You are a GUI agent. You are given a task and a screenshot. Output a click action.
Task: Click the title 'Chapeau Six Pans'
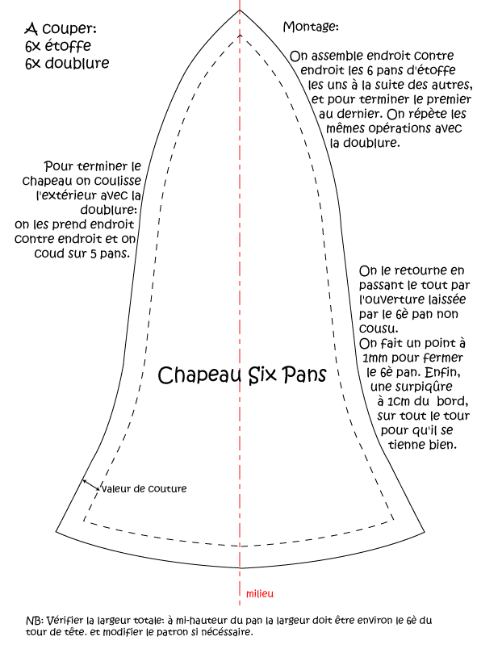241,375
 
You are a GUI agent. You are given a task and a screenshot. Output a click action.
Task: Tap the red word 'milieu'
260,593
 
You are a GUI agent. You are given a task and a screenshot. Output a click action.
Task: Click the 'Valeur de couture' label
144,488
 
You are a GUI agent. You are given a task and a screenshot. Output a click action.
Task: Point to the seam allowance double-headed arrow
91,485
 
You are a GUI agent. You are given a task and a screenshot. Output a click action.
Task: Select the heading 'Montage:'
311,27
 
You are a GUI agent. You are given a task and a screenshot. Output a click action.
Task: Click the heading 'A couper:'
61,29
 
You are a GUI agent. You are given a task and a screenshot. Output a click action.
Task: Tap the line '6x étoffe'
58,46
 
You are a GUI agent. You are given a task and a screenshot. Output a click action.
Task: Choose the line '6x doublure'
67,63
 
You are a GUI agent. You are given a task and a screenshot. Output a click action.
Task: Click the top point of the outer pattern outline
240,9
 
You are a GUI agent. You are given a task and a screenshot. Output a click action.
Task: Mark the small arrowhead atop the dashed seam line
240,36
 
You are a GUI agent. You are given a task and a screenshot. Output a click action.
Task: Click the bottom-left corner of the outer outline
56,531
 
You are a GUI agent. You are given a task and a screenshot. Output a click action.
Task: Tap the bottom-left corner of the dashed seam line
84,520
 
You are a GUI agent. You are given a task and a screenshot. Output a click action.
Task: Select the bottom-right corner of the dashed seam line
394,520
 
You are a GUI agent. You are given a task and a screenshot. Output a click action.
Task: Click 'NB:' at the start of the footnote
35,620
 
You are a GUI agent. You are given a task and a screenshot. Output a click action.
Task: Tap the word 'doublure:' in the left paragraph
109,210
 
